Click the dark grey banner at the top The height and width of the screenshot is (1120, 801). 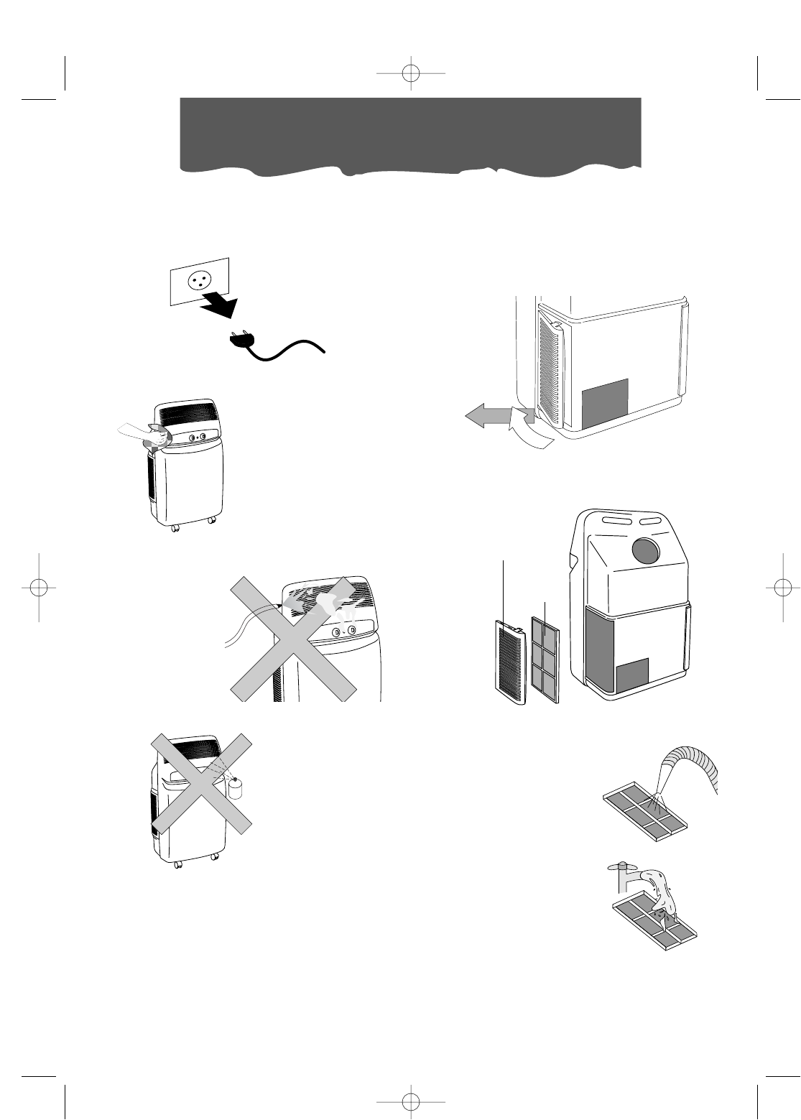[x=409, y=134]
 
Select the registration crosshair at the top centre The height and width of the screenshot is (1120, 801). [x=410, y=73]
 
